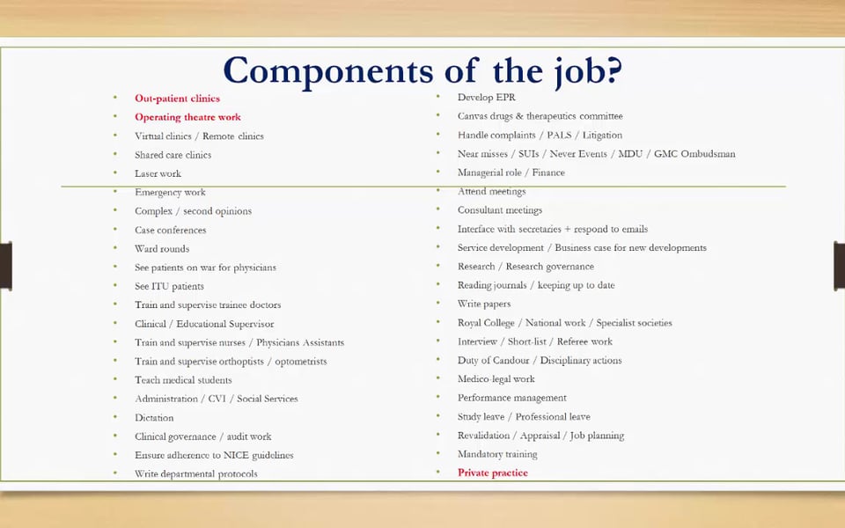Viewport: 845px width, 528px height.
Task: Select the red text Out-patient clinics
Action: (177, 99)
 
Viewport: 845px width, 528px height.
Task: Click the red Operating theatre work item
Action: (187, 117)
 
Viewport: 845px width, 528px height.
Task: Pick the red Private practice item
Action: (492, 473)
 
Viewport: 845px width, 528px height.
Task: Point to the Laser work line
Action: (158, 173)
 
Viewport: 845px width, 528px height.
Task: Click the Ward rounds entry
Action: (162, 249)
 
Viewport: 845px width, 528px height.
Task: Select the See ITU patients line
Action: (169, 286)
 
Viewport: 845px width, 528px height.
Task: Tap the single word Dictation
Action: (154, 418)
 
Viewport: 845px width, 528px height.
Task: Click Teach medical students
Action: (183, 380)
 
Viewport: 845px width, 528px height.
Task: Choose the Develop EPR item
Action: (486, 98)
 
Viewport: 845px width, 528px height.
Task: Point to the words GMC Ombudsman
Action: (694, 154)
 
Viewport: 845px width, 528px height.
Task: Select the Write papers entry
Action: (484, 304)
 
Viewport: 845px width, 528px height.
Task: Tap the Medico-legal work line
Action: (496, 379)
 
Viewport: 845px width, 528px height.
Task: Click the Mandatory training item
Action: (497, 454)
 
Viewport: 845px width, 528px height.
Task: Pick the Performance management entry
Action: (511, 398)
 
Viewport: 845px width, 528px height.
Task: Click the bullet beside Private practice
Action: (437, 473)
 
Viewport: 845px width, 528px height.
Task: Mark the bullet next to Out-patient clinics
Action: (114, 99)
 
